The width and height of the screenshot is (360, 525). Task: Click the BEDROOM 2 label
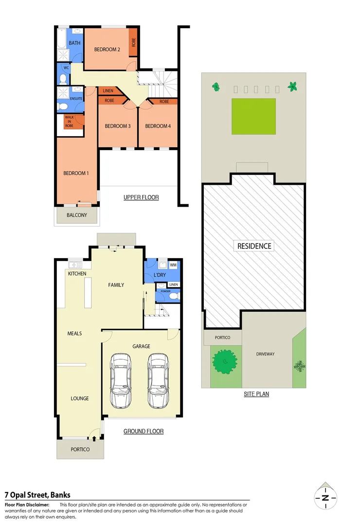click(x=107, y=49)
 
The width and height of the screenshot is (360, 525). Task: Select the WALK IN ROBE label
click(x=69, y=122)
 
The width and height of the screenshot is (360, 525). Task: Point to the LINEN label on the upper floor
click(x=108, y=91)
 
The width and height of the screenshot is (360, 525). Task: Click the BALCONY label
click(x=77, y=215)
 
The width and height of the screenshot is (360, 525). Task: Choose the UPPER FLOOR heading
click(x=141, y=197)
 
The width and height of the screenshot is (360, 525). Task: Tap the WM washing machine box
click(x=173, y=265)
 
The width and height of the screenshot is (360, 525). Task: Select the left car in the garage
click(x=121, y=381)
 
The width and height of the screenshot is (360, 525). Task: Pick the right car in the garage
click(x=158, y=381)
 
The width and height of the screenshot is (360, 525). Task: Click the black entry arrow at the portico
click(x=94, y=439)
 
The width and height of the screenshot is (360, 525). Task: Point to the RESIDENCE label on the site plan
click(x=254, y=246)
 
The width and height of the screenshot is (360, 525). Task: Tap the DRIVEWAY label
click(x=266, y=354)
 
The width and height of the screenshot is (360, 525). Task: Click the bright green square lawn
click(x=253, y=116)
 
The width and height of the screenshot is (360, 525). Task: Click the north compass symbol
click(x=325, y=497)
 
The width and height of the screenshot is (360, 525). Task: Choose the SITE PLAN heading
click(x=256, y=394)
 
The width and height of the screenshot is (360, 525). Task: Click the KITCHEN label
click(x=77, y=274)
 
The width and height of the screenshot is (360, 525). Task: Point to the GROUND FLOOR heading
click(x=143, y=431)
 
